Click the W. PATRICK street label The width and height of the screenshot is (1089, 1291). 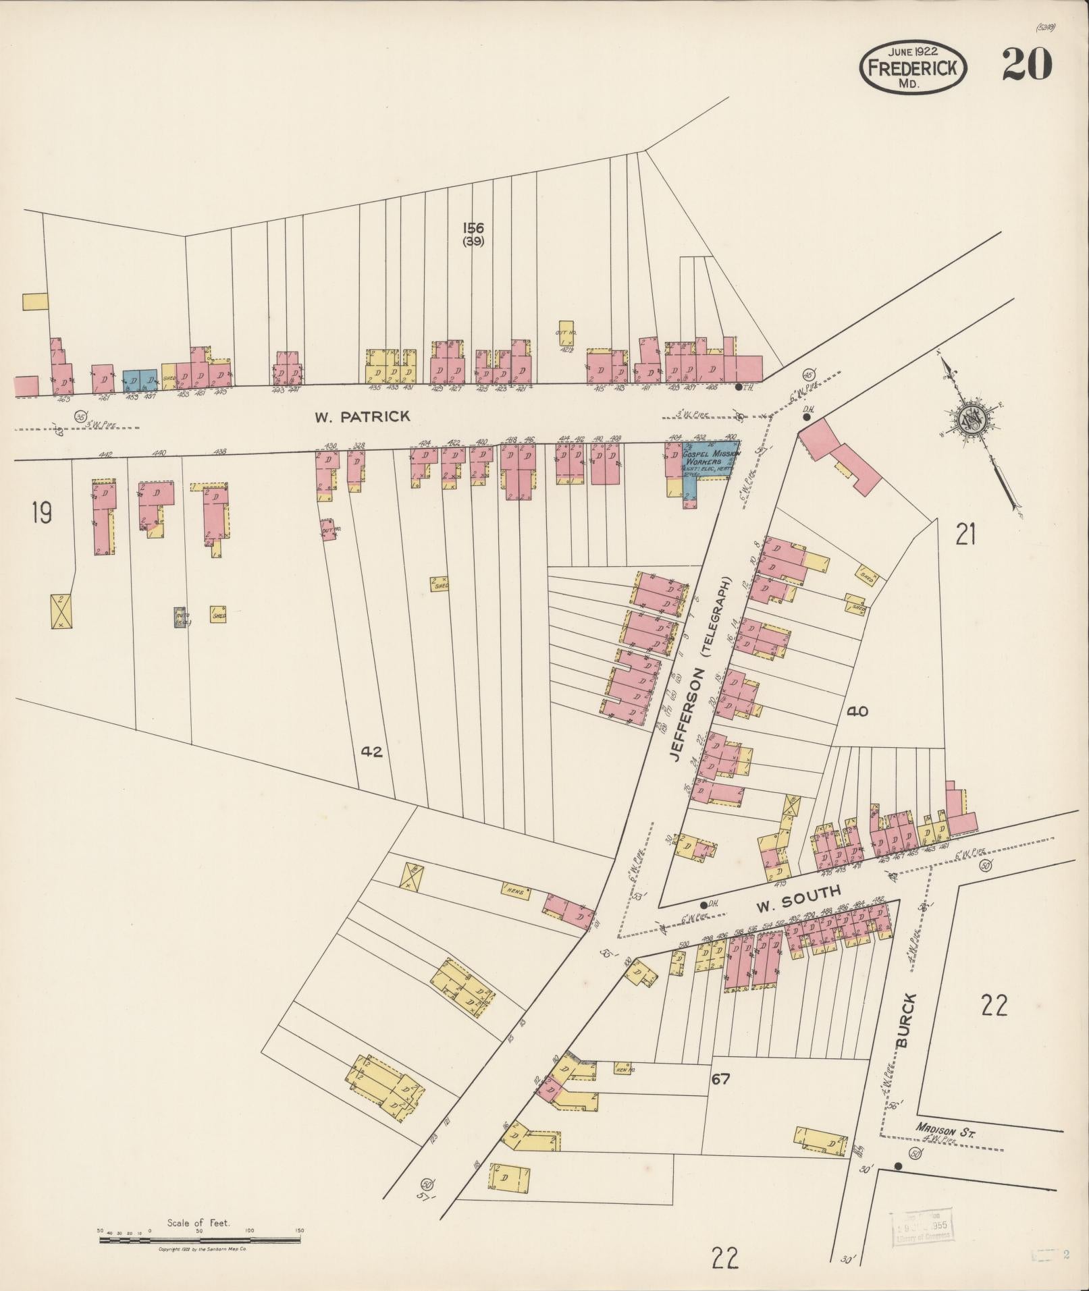pos(362,416)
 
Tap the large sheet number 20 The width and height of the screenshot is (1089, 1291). pos(1026,65)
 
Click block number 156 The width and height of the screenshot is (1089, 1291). pos(473,228)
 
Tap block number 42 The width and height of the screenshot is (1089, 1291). pos(372,751)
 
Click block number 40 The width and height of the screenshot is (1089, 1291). pos(857,711)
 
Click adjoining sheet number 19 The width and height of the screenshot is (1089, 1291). pos(41,514)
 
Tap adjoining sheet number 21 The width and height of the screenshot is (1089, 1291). pos(965,535)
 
